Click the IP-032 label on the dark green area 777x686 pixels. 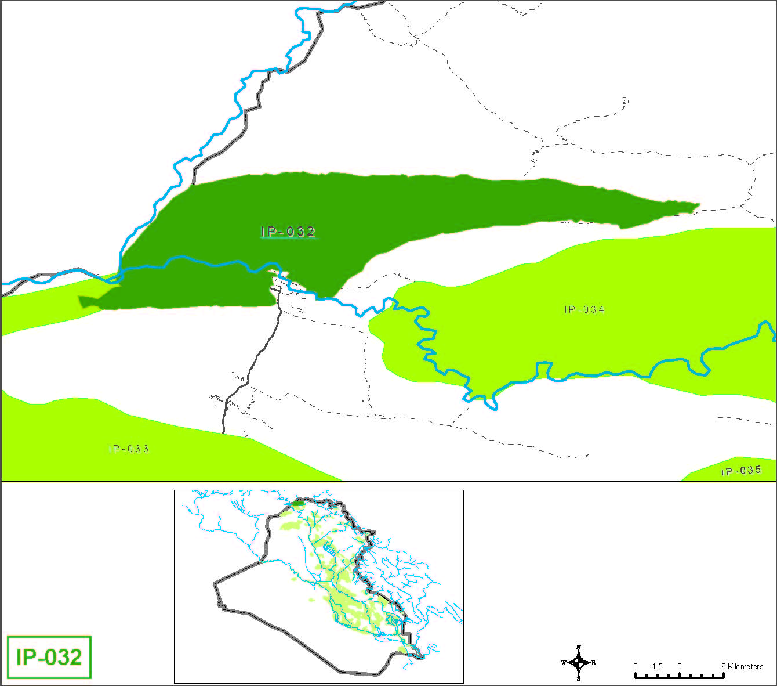pos(288,232)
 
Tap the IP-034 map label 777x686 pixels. pos(584,309)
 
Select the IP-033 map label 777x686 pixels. pos(128,449)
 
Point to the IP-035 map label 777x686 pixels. pos(741,470)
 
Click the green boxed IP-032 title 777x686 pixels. pos(49,657)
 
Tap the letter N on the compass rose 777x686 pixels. pos(579,647)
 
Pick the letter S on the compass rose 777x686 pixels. pos(579,678)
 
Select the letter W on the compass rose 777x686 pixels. pos(563,662)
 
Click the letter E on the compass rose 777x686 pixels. pos(593,662)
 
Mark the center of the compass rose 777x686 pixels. pos(579,662)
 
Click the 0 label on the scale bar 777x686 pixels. pos(636,666)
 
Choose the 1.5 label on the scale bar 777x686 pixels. pos(657,666)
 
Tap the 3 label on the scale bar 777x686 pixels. pos(680,666)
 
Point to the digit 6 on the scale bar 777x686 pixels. pos(724,666)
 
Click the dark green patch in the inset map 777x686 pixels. pos(297,503)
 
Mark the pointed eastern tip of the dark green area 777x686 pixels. pos(698,205)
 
